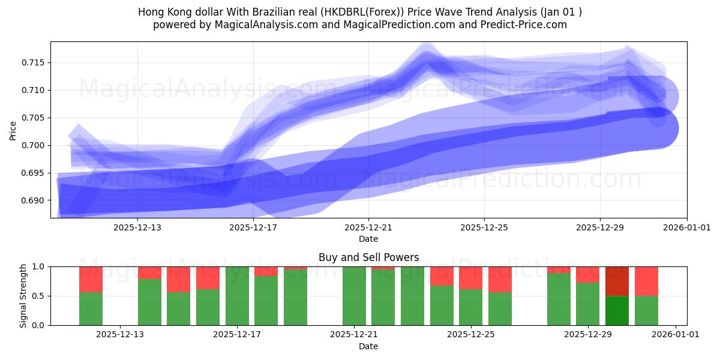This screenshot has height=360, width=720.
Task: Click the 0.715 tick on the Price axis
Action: [35, 62]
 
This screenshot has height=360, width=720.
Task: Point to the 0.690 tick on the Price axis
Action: [35, 200]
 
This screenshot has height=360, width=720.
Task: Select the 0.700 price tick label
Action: [35, 145]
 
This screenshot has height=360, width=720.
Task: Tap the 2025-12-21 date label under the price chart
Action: [368, 228]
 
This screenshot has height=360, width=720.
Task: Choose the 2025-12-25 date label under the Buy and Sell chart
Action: [470, 335]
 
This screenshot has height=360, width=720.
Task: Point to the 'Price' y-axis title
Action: [13, 130]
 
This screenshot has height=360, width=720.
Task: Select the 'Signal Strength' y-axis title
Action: [23, 296]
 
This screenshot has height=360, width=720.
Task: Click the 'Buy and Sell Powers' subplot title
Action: [368, 258]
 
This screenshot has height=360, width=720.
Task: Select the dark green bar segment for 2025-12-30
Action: [617, 310]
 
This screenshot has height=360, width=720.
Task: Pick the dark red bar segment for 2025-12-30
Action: [617, 281]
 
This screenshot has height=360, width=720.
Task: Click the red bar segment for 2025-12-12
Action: [91, 279]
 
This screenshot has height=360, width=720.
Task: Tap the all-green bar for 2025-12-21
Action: [354, 296]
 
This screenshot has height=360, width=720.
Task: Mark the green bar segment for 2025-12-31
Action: [646, 310]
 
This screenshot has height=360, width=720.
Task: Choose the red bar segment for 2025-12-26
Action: [500, 279]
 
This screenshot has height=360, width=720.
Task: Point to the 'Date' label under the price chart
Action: [368, 239]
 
